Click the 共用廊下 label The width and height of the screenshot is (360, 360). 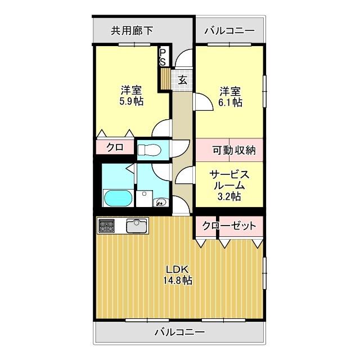[132, 31]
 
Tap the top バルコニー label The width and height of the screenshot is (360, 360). [229, 31]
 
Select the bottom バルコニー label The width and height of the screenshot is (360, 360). [179, 332]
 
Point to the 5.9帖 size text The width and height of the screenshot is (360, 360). [130, 102]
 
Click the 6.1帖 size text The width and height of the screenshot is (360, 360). [231, 102]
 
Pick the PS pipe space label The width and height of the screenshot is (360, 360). [163, 56]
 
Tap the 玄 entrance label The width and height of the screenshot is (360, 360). [183, 79]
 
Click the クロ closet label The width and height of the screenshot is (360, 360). [115, 147]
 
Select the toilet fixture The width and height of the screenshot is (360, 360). [149, 149]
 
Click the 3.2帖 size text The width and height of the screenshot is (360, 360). [229, 196]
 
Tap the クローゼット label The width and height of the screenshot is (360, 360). [229, 226]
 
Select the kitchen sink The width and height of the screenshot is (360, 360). [137, 226]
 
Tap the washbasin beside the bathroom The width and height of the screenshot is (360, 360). [160, 201]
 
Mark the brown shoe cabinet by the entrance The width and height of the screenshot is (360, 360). [165, 78]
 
